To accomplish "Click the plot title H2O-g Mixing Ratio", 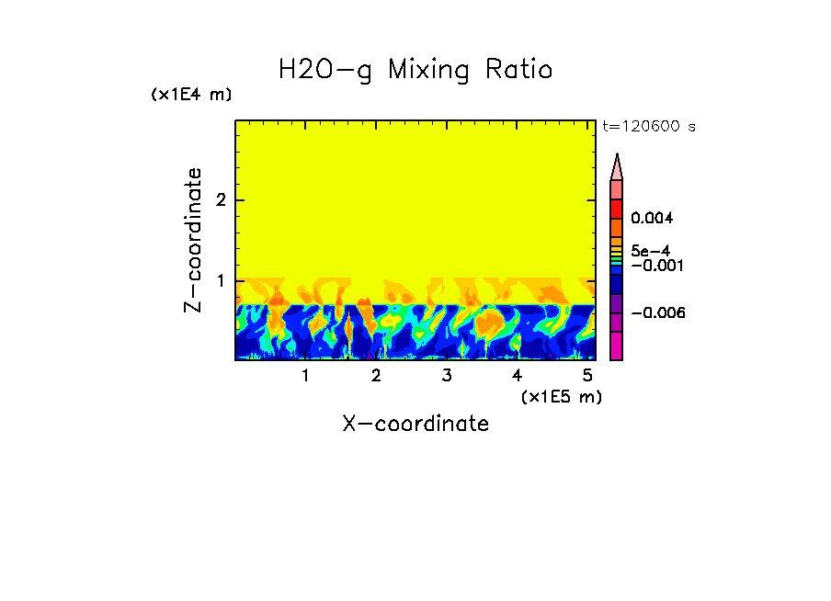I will (x=415, y=69).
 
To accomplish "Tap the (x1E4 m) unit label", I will (x=191, y=95).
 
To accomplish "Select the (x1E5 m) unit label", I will (x=561, y=396).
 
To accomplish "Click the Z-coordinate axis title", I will (x=193, y=240).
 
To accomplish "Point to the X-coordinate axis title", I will (x=415, y=424).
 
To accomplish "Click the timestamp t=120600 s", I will (x=648, y=127).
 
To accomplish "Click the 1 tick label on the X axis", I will (x=305, y=376).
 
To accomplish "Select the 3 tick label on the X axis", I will (x=446, y=376).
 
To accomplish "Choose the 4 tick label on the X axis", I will (x=517, y=376).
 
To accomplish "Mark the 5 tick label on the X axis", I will (x=587, y=376).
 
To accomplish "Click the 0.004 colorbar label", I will (x=652, y=219).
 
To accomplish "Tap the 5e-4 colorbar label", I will (x=650, y=250).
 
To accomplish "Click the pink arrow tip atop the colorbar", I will (x=617, y=166).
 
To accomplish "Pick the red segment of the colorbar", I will (x=617, y=209).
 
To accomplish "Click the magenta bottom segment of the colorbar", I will (x=617, y=346).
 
